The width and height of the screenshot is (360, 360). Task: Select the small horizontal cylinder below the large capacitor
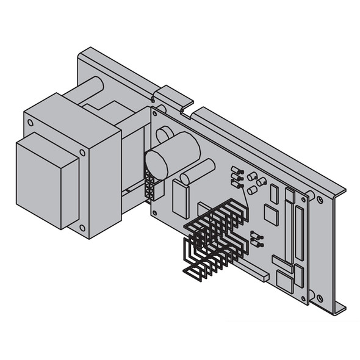(x=197, y=170)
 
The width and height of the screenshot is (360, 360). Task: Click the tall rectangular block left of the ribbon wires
(x=181, y=198)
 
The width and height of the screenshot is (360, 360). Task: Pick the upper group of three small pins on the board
(x=236, y=176)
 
